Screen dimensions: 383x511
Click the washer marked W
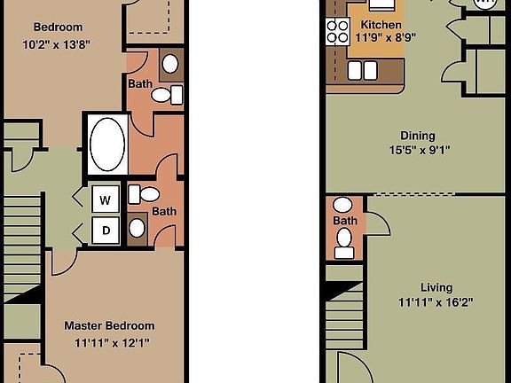[x=105, y=199]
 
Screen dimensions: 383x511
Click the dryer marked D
[x=105, y=230]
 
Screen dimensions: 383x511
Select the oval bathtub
[x=106, y=142]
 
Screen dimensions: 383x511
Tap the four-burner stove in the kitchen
[x=338, y=33]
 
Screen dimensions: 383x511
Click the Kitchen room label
[x=380, y=24]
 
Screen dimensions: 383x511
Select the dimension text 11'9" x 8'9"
[x=386, y=37]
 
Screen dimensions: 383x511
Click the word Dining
[x=417, y=136]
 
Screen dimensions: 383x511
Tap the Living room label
[x=436, y=287]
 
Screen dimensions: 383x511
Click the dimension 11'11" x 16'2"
[x=436, y=301]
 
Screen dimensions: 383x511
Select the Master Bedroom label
[x=109, y=325]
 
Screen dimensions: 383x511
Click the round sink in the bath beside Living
[x=344, y=235]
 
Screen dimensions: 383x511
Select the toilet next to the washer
[x=149, y=194]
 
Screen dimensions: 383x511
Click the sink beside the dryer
[x=137, y=228]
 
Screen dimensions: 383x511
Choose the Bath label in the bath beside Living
[x=344, y=220]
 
